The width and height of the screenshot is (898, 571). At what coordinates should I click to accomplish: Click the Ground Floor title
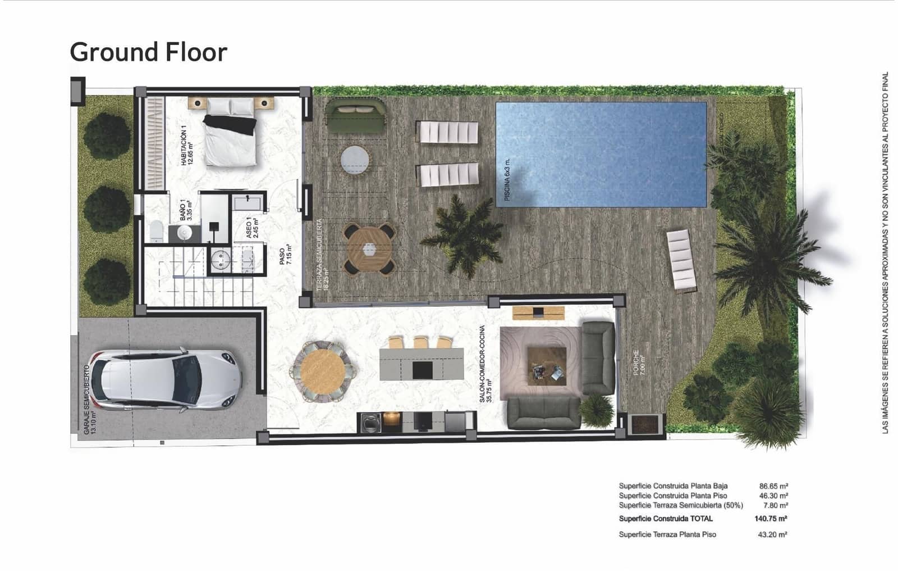[x=148, y=52]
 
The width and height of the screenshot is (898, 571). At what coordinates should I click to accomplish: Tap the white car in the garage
[x=166, y=379]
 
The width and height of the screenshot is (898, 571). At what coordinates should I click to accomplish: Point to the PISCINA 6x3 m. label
[x=507, y=179]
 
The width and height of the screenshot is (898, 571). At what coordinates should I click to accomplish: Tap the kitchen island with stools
[x=421, y=364]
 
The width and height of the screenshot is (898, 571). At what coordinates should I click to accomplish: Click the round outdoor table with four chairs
[x=370, y=249]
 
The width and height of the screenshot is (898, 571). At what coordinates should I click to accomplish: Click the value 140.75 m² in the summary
[x=771, y=519]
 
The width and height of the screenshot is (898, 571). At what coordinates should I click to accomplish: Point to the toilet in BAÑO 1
[x=155, y=231]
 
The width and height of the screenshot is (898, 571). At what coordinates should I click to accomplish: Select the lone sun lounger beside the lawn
[x=681, y=261]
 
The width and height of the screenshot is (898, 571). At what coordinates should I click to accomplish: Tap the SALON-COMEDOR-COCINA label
[x=485, y=365]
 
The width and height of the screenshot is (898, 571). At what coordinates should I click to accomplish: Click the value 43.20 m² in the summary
[x=772, y=534]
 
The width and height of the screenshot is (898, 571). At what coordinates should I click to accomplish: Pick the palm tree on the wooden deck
[x=462, y=235]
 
